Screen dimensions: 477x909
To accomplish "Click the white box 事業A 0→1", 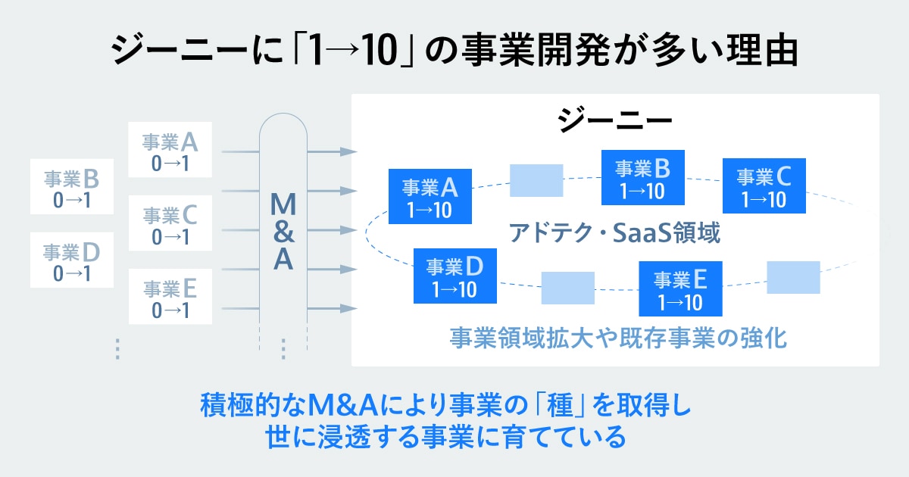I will point(170,151).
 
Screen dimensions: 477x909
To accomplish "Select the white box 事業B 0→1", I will point(72,186).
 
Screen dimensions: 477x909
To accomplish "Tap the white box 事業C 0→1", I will point(170,224).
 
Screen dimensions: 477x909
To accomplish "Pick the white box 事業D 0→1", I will point(72,260).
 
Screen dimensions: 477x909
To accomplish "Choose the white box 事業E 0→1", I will point(170,297).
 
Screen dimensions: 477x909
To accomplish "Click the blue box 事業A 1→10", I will point(430,196).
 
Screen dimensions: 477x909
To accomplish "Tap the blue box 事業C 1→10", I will point(764,186).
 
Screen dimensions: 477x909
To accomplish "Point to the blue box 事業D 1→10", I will point(454,276).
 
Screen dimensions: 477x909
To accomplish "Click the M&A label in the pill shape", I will point(283,231).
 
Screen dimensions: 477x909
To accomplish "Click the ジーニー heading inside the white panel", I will point(614,121).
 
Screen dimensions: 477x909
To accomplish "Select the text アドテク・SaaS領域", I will point(614,232).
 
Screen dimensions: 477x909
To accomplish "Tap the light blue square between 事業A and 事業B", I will point(536,180).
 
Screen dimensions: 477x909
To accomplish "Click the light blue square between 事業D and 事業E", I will point(567,288).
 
